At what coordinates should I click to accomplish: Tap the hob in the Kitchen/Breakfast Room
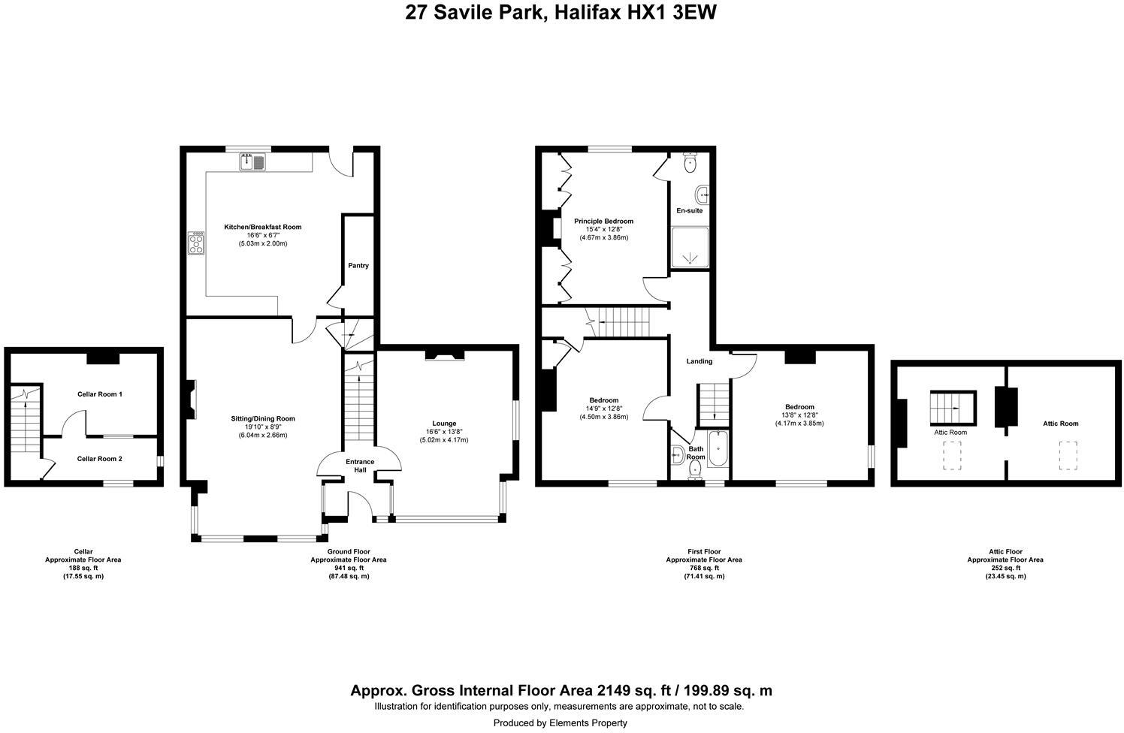197,243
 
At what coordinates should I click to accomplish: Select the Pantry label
358,266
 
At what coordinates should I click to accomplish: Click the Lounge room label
443,424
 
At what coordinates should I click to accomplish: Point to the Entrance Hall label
360,466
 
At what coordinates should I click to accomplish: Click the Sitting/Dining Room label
263,419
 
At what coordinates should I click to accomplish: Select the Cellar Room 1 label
99,394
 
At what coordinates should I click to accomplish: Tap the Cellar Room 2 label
99,459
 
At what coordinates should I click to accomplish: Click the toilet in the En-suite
690,162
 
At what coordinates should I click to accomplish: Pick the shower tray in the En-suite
689,249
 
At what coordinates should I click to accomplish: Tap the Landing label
699,361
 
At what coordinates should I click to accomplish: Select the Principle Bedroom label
603,222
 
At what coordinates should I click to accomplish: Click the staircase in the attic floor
952,409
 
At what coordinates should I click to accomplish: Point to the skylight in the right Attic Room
1067,456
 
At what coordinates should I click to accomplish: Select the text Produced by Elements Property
560,723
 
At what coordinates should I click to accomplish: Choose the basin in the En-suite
703,195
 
